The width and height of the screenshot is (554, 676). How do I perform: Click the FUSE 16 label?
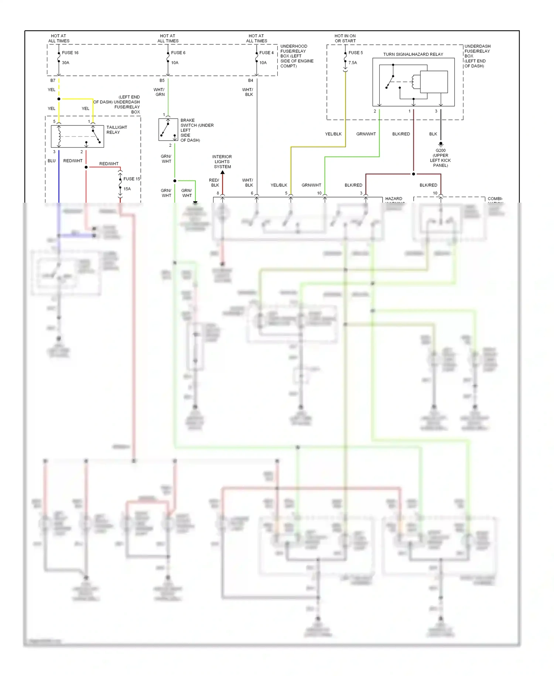(x=70, y=53)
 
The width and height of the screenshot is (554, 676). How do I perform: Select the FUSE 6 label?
(x=178, y=53)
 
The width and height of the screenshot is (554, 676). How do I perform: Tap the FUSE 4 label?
(x=266, y=53)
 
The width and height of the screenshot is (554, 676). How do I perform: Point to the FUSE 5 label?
(x=355, y=53)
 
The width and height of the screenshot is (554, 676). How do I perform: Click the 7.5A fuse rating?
(x=352, y=63)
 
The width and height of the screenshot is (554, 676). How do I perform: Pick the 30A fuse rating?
(x=65, y=63)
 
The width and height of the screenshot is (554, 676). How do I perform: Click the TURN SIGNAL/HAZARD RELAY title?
(x=413, y=54)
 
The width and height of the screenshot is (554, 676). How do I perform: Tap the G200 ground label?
(x=440, y=151)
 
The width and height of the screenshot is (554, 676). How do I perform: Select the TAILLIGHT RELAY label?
(x=117, y=130)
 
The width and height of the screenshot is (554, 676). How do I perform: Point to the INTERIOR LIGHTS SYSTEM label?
(x=222, y=162)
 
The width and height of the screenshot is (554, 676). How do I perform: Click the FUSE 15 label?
(x=131, y=179)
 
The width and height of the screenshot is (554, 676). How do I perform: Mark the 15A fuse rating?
(x=127, y=189)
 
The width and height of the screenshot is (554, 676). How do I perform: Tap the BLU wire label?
(x=51, y=161)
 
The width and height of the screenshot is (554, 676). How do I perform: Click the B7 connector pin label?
(x=53, y=81)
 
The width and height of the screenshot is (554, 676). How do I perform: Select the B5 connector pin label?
(x=162, y=81)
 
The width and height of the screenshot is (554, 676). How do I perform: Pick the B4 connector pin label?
(x=250, y=81)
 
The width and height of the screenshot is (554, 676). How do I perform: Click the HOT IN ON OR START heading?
(x=345, y=38)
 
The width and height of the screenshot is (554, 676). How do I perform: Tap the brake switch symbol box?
(x=168, y=129)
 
